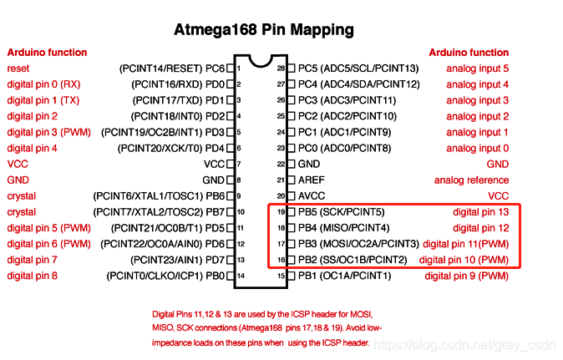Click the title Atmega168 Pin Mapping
pos(263,30)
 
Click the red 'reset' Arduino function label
pos(17,68)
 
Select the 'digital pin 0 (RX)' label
pos(44,84)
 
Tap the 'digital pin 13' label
pos(480,212)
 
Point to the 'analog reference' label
pos(471,180)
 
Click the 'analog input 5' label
pos(477,68)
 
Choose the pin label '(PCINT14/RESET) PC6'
pos(172,68)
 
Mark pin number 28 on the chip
pos(281,68)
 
